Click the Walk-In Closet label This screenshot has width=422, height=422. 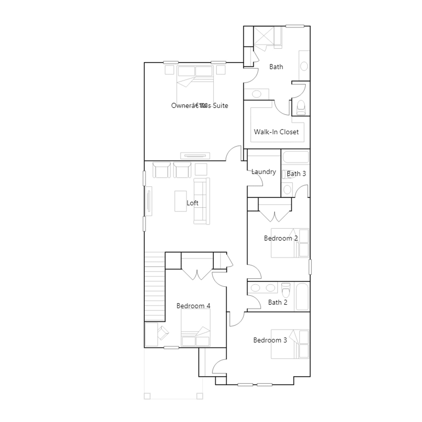[x=276, y=132]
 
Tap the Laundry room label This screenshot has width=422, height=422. [x=263, y=172]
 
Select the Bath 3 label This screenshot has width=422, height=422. [x=296, y=174]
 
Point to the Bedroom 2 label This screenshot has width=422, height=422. [x=281, y=238]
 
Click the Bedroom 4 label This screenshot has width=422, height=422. [x=193, y=306]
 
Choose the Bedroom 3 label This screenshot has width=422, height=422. [x=270, y=340]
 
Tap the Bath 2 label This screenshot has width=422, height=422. [x=277, y=302]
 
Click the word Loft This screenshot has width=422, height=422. [x=192, y=203]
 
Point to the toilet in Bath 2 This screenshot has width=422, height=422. [x=286, y=290]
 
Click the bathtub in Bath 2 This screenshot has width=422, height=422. [x=302, y=297]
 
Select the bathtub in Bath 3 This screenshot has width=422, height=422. [x=295, y=157]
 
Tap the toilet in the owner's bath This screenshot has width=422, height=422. [x=301, y=108]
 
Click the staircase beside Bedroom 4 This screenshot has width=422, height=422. [x=155, y=287]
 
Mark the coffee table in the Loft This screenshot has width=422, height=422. [x=181, y=201]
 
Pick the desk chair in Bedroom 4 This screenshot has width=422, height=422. [x=163, y=333]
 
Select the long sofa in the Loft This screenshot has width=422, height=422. [x=202, y=201]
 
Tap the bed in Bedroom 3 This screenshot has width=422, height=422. [x=290, y=344]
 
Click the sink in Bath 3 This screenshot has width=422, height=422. [x=287, y=189]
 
